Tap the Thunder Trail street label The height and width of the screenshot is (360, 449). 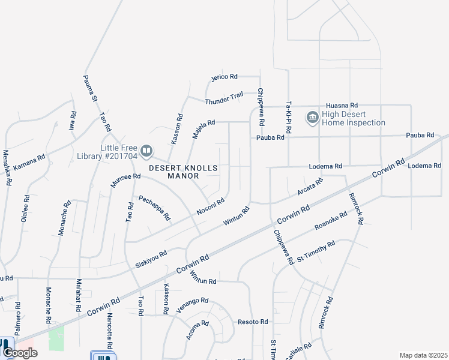(224, 98)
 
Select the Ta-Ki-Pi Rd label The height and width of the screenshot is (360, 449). (289, 117)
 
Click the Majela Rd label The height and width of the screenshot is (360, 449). (203, 128)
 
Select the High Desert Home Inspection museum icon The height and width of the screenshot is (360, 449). (312, 117)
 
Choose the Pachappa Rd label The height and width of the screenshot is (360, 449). (154, 208)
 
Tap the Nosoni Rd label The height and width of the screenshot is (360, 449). (211, 207)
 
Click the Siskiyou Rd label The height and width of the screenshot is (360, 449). (151, 259)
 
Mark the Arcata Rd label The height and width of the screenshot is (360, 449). (310, 186)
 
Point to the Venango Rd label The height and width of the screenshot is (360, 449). (192, 305)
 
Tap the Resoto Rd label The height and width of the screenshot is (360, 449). (253, 322)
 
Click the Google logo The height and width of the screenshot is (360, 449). (20, 353)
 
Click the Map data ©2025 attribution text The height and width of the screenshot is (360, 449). (423, 355)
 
